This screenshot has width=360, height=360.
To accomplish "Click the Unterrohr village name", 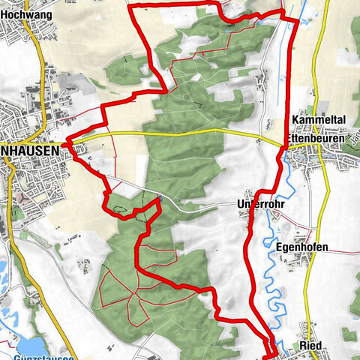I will click(x=259, y=204).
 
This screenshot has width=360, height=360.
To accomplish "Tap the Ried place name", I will click(x=310, y=345).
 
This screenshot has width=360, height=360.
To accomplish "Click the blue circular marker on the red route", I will click(x=159, y=199).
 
